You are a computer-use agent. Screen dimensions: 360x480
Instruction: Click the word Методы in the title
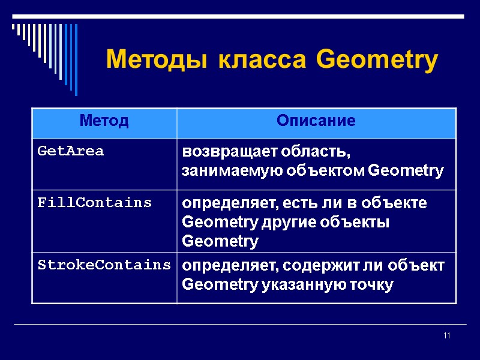coord(158,61)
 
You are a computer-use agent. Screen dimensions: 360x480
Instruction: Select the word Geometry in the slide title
coord(377,61)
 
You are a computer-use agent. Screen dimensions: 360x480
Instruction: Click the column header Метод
coord(104,121)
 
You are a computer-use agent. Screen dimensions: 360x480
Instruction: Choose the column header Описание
coord(316,121)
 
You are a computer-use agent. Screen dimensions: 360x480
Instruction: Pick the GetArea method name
coord(70,151)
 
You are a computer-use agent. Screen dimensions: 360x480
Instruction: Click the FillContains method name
coord(94,203)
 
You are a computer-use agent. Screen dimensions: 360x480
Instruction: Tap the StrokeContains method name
coord(104,265)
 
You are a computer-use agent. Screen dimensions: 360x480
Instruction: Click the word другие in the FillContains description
coord(285,223)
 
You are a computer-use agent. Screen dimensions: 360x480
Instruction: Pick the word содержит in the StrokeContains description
coord(310,265)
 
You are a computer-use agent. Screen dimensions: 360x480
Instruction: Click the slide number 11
coord(446,335)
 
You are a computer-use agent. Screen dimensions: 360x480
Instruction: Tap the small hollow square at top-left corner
coord(14,26)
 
